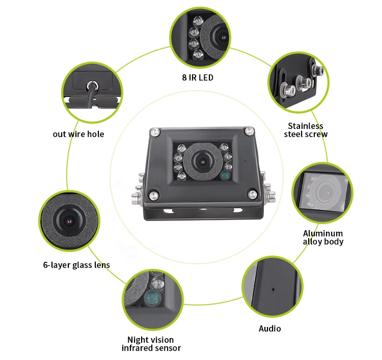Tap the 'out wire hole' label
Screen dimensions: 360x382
click(x=78, y=134)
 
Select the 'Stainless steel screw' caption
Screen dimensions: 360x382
click(x=306, y=130)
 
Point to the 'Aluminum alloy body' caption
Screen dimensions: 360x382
click(x=323, y=237)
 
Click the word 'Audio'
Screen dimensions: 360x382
click(x=269, y=328)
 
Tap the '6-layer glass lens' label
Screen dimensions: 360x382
click(x=76, y=265)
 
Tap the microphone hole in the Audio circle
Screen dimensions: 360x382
click(x=273, y=289)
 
